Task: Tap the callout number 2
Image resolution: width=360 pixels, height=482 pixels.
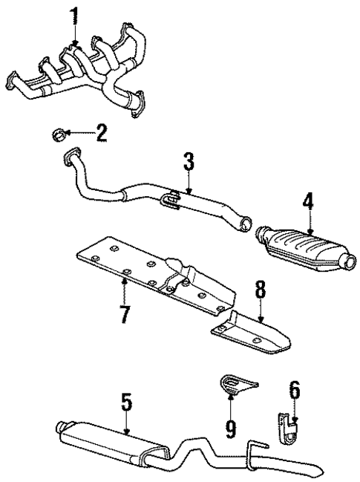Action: pyautogui.click(x=101, y=134)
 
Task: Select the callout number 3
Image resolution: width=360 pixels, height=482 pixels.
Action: pyautogui.click(x=189, y=162)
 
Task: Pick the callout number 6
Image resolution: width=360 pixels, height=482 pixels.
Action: pyautogui.click(x=295, y=409)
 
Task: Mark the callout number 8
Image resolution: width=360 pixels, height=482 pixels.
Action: pyautogui.click(x=259, y=289)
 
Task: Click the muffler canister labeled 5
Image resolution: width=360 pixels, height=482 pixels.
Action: pyautogui.click(x=111, y=441)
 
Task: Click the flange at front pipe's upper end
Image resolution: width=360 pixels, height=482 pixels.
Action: pyautogui.click(x=71, y=157)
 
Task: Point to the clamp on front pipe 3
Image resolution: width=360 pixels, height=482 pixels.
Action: pyautogui.click(x=170, y=198)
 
